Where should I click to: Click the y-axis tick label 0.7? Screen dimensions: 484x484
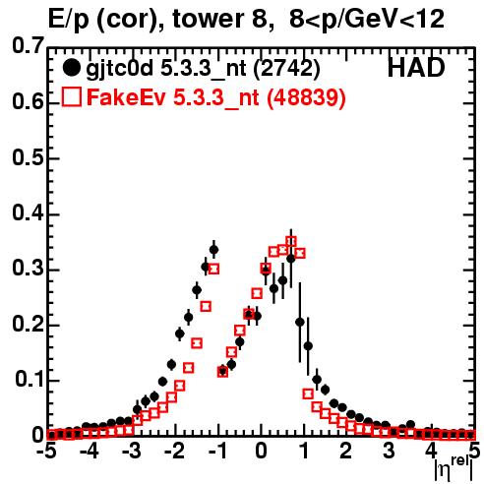point(28,45)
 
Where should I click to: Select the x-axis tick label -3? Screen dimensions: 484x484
point(131,451)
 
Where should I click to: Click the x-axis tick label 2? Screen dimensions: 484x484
point(345,451)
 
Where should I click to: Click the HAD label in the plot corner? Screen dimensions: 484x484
point(416,68)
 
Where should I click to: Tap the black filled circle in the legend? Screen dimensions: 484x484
point(71,68)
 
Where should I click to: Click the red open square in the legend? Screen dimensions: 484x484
point(72,97)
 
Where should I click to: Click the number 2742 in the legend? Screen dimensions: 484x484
point(286,68)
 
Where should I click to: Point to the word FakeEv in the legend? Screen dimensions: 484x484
point(126,97)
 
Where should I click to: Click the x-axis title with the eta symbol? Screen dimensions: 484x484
point(454,467)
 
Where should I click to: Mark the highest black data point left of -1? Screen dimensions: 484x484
point(213,250)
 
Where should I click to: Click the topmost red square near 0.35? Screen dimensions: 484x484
point(291,241)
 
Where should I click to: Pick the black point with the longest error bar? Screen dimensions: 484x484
point(300,323)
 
